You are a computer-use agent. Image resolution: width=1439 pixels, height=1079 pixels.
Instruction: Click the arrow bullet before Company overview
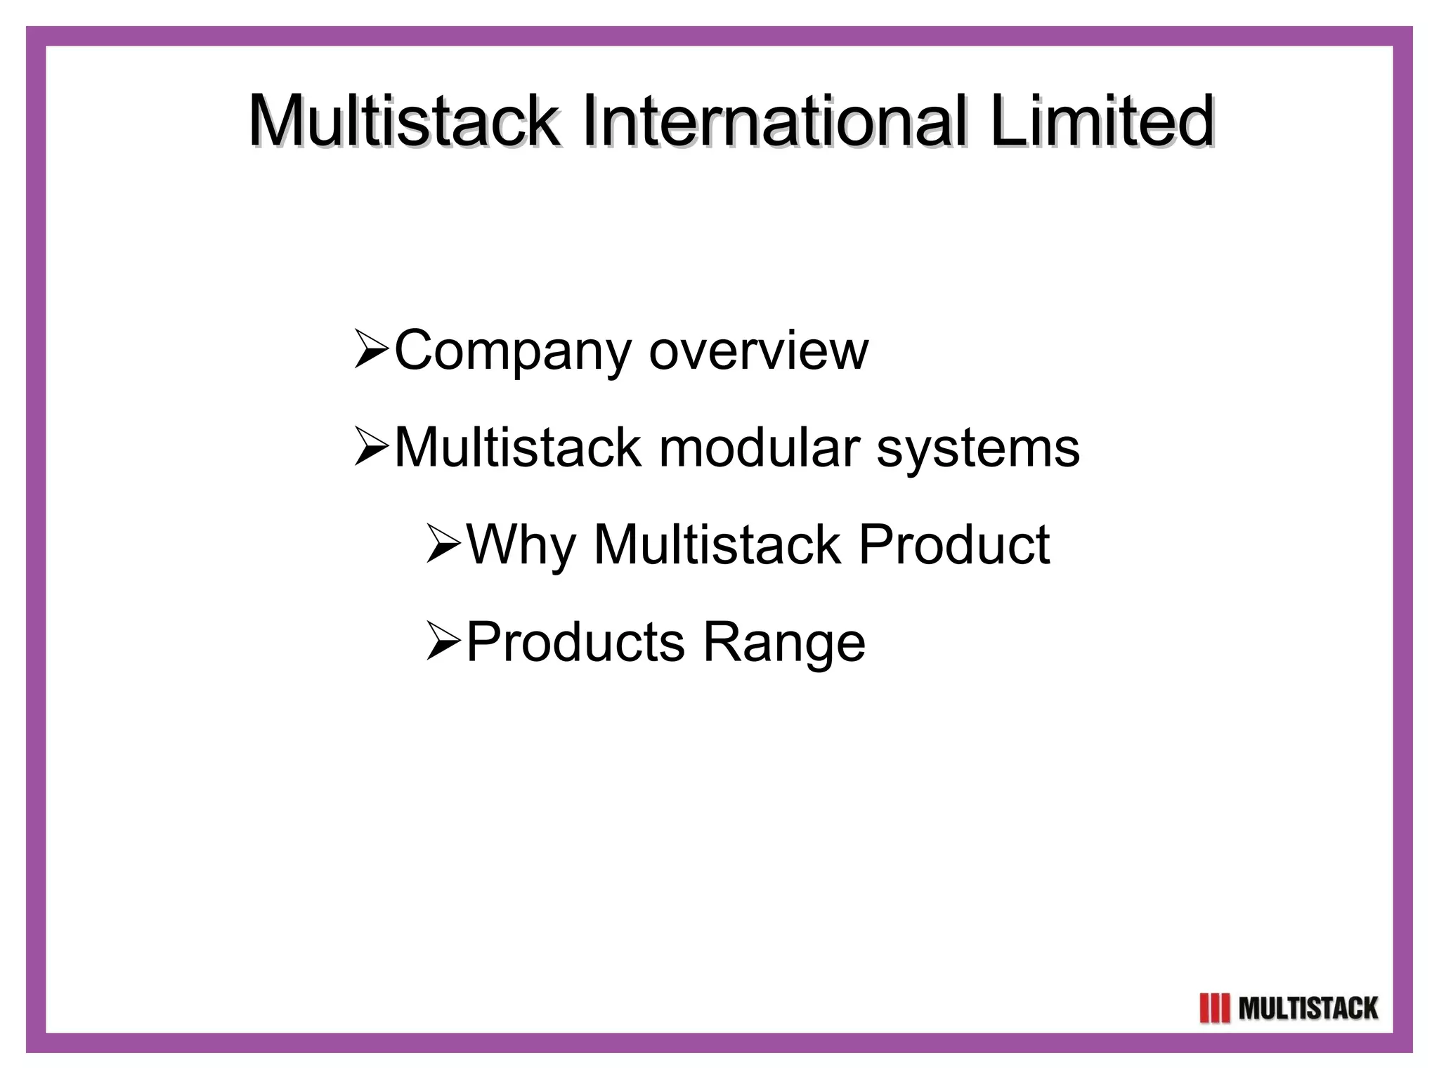coord(371,349)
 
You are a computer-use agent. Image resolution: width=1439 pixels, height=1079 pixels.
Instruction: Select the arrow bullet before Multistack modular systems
coord(371,447)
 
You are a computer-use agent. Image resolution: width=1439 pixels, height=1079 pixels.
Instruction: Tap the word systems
coord(977,448)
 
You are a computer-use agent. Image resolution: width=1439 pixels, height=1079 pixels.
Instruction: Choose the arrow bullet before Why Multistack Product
coord(443,544)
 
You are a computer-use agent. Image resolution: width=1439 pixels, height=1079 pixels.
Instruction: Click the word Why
coord(521,546)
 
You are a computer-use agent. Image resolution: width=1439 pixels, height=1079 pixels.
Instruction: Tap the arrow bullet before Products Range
coord(443,642)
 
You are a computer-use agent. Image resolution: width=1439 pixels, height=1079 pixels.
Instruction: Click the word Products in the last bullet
coord(575,642)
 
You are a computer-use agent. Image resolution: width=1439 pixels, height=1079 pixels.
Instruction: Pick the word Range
coord(783,643)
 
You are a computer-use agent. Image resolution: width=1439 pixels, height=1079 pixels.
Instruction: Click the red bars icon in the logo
coord(1215,1009)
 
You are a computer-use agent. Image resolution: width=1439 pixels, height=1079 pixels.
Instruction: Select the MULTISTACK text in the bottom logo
coord(1308,1009)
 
